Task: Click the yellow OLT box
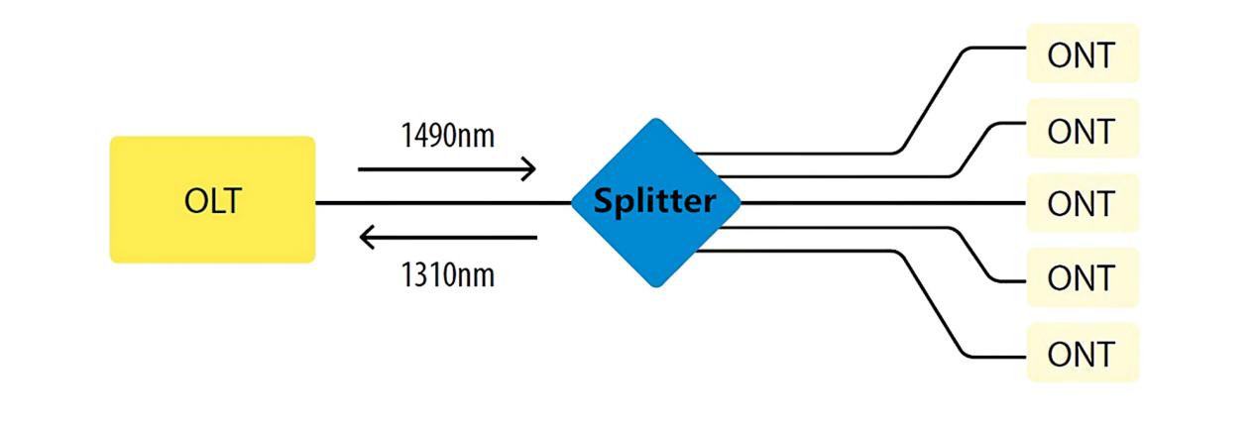click(213, 200)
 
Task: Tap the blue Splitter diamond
click(656, 202)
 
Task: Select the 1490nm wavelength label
click(448, 136)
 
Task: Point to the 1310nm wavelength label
click(448, 275)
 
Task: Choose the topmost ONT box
click(1083, 53)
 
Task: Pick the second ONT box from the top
click(1083, 129)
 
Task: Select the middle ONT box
click(1083, 203)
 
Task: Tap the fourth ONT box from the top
click(1083, 277)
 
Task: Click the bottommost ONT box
click(1083, 353)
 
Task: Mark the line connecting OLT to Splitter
click(443, 203)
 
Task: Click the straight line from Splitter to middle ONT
click(883, 203)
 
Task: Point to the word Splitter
click(654, 201)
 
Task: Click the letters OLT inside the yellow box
click(213, 201)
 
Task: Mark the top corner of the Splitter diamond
click(656, 119)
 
